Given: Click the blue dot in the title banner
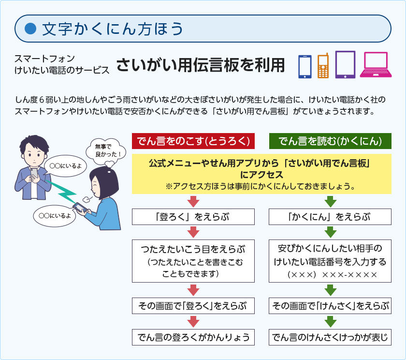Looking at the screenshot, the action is (30, 29).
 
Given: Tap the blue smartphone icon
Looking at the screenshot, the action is (305, 67).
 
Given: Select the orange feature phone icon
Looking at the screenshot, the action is (323, 66).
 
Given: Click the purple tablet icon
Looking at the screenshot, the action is (345, 64).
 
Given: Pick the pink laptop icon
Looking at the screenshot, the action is (376, 65).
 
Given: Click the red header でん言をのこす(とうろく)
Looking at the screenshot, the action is (193, 141).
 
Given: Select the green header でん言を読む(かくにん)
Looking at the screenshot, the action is (330, 141).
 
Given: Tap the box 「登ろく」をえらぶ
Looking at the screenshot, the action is (193, 217).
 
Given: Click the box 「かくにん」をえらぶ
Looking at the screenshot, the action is (330, 217).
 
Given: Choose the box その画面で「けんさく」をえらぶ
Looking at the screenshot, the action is (330, 306).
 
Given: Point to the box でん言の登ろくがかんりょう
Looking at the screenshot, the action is (193, 337).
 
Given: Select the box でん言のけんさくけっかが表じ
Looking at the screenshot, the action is (330, 337).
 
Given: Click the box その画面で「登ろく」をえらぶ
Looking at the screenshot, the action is (193, 306).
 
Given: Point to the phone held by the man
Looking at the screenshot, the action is (34, 173).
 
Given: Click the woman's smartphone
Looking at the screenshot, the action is (80, 207).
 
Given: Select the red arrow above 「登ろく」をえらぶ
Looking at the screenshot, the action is (193, 201).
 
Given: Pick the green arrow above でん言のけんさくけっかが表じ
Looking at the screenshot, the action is (331, 322).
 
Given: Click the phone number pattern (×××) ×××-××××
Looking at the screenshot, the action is (332, 274).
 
